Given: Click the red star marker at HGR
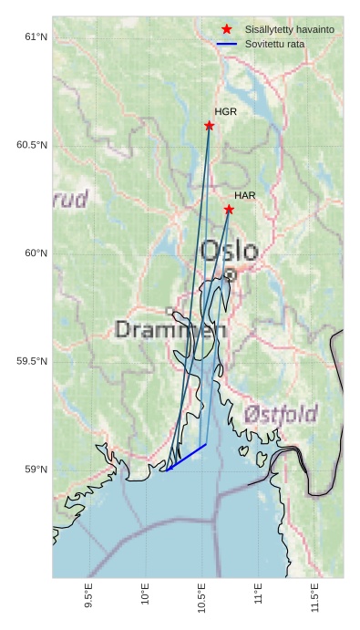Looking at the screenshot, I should [209, 126].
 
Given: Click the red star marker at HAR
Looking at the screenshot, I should [229, 210].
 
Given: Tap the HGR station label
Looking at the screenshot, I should [225, 111].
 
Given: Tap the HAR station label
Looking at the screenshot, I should [244, 195].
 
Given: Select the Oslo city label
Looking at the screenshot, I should [229, 250].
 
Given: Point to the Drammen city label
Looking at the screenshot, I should [170, 330].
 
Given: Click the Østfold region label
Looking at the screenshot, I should [279, 412].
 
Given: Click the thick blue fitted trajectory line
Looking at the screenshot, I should [186, 458].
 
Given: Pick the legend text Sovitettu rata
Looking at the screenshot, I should [274, 44].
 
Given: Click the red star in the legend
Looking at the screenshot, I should [227, 29].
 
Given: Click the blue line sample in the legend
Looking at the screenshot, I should [227, 44].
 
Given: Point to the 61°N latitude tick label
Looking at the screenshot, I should [35, 37].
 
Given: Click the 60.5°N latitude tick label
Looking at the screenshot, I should [32, 146].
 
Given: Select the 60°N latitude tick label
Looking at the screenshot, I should [35, 253].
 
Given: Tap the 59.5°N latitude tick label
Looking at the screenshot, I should [32, 362].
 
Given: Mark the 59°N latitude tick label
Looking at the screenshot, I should [35, 470].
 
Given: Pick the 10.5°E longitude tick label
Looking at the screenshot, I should [202, 596].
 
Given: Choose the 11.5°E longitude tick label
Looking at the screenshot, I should [315, 596].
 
